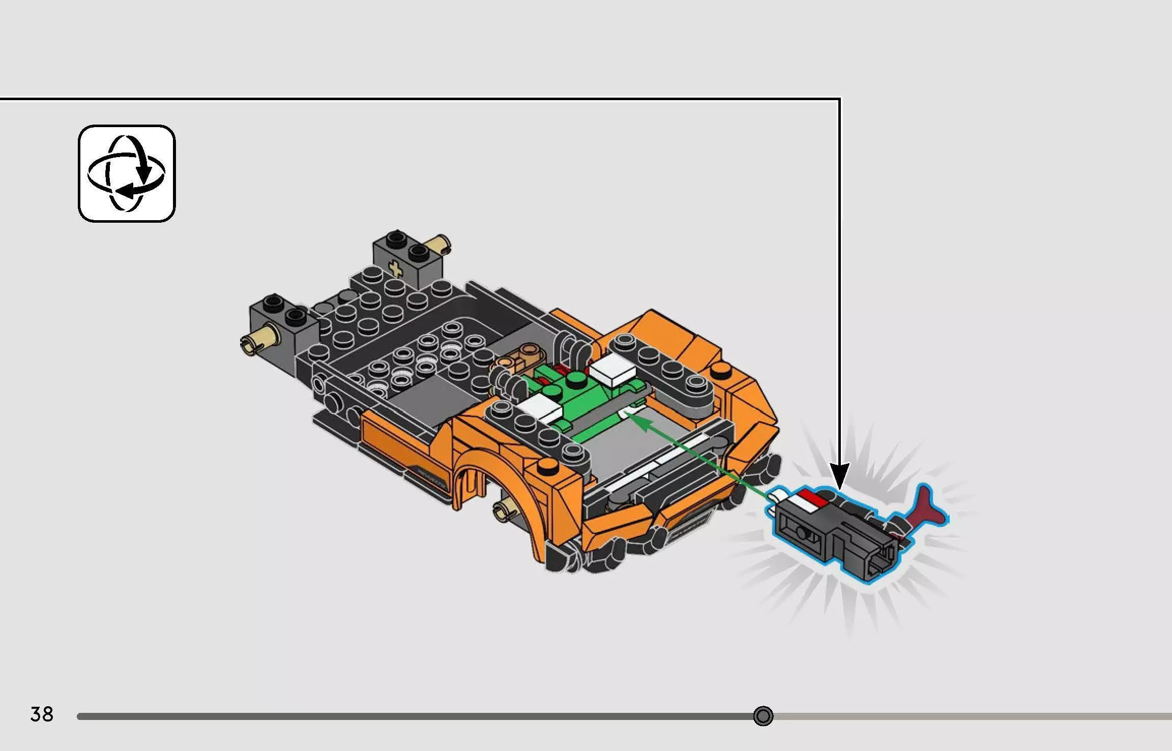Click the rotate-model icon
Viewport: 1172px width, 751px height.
click(127, 173)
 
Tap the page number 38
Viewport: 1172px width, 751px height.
click(42, 714)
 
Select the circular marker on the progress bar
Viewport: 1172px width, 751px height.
click(763, 716)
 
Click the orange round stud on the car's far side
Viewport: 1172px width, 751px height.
click(720, 370)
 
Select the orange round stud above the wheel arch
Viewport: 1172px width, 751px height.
click(546, 465)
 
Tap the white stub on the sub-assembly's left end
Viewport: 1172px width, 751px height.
click(775, 496)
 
